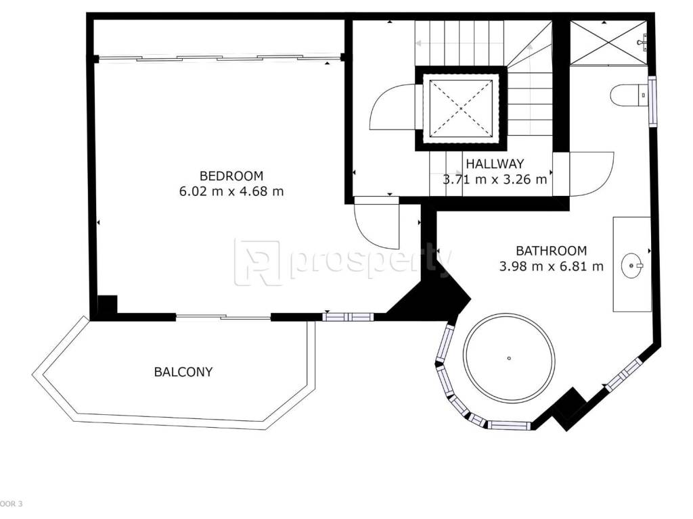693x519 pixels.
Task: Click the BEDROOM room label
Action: point(231,176)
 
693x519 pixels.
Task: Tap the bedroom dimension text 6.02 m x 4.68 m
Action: point(231,191)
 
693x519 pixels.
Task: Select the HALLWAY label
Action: point(495,164)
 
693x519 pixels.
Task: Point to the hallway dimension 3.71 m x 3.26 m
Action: point(495,180)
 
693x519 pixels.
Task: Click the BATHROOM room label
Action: point(551,251)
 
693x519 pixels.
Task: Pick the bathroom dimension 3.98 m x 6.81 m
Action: point(551,266)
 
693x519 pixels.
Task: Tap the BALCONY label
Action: point(183,372)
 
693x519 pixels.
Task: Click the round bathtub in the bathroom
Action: point(509,314)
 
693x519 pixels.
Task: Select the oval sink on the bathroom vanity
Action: point(633,266)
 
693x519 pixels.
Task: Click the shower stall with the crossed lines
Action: point(608,43)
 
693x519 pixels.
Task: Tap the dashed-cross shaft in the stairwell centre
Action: point(460,108)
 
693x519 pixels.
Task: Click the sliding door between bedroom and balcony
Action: point(223,316)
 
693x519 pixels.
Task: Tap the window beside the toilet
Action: point(652,101)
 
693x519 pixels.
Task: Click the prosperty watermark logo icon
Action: point(257,263)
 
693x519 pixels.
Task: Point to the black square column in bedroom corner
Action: point(106,305)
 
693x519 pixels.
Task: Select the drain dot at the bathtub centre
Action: point(509,358)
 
